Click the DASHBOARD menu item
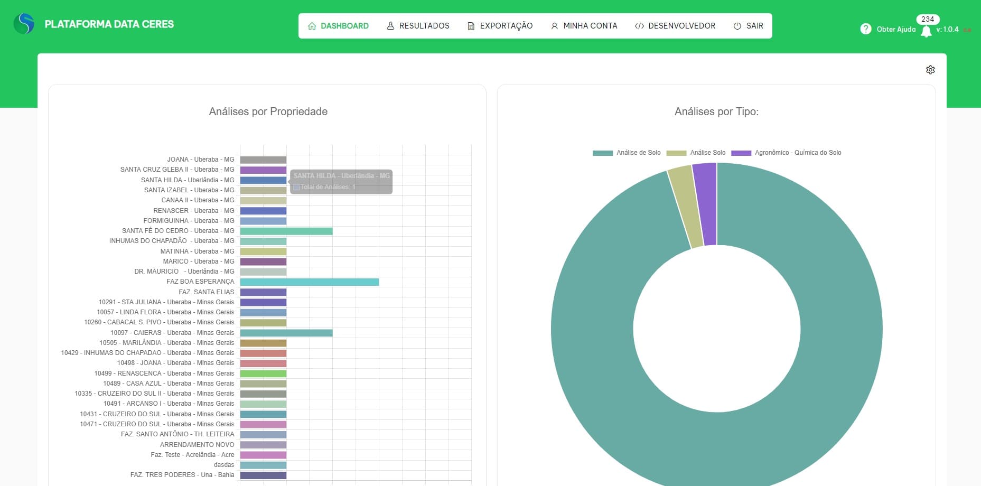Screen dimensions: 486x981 point(338,26)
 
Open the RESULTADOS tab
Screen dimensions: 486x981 point(418,26)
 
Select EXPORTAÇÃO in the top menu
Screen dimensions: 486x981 point(500,26)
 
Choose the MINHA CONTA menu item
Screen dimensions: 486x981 point(584,26)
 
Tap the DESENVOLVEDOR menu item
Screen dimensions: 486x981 point(675,26)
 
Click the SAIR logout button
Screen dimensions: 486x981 point(749,26)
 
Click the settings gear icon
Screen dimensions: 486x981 point(930,70)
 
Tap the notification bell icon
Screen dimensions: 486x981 point(926,32)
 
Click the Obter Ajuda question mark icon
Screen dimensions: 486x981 point(865,29)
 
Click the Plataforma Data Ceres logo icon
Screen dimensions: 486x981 point(24,24)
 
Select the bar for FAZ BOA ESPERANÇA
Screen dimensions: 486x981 point(309,282)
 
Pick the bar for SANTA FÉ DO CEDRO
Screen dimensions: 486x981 point(286,231)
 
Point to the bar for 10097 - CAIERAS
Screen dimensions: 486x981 point(286,333)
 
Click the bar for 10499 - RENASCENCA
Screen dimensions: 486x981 point(263,373)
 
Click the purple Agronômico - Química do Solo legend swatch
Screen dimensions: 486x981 point(741,153)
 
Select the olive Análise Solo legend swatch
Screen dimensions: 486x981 point(676,153)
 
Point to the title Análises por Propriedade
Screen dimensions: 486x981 point(268,111)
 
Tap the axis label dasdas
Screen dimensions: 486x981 point(224,465)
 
